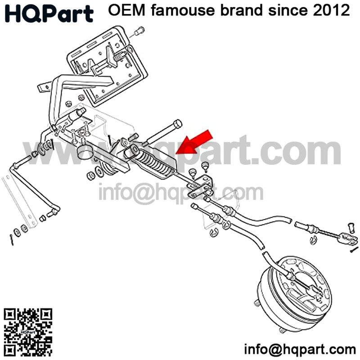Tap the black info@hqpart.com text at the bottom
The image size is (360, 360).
click(x=300, y=349)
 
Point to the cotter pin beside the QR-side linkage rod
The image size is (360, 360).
click(x=11, y=238)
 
